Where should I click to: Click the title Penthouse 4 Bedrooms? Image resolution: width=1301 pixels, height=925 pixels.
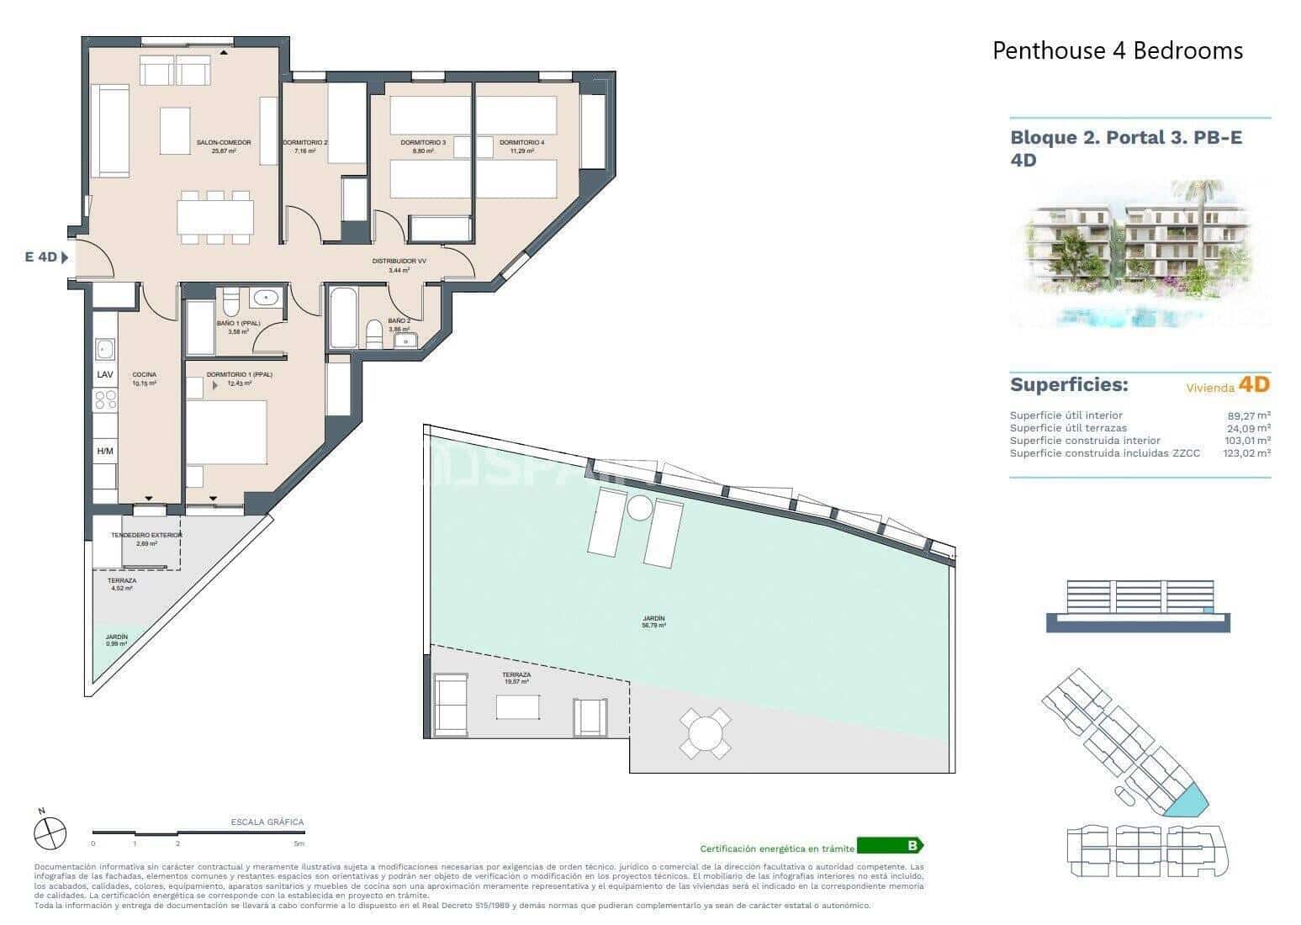(1117, 50)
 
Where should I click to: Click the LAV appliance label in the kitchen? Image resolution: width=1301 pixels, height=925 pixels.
(105, 374)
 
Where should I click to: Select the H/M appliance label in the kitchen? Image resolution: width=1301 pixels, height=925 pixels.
(105, 452)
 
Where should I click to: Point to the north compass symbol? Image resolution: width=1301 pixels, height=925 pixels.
(50, 832)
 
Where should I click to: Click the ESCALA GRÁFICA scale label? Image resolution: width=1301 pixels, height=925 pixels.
(267, 822)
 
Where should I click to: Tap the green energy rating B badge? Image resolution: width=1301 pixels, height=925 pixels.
(890, 846)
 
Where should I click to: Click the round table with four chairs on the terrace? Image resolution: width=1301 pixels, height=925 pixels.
(705, 732)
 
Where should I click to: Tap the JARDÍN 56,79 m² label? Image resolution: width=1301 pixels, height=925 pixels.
(653, 623)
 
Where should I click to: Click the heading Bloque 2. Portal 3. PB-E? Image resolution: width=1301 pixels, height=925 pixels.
(1125, 138)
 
